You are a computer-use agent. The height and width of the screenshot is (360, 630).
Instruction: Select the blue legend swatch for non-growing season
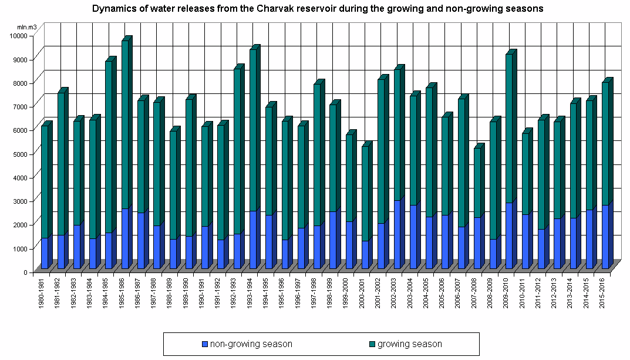click(x=204, y=344)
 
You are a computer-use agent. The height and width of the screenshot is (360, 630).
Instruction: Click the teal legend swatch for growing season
click(x=372, y=344)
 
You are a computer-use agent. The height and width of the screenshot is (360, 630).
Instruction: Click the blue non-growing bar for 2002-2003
click(x=397, y=235)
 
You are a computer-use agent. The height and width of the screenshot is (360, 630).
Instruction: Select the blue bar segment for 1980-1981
click(x=45, y=253)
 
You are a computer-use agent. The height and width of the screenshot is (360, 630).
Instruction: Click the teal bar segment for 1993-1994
click(x=253, y=129)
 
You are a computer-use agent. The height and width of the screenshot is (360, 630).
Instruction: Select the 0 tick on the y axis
click(x=25, y=272)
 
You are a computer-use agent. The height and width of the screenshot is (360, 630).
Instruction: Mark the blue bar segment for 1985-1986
click(x=125, y=238)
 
